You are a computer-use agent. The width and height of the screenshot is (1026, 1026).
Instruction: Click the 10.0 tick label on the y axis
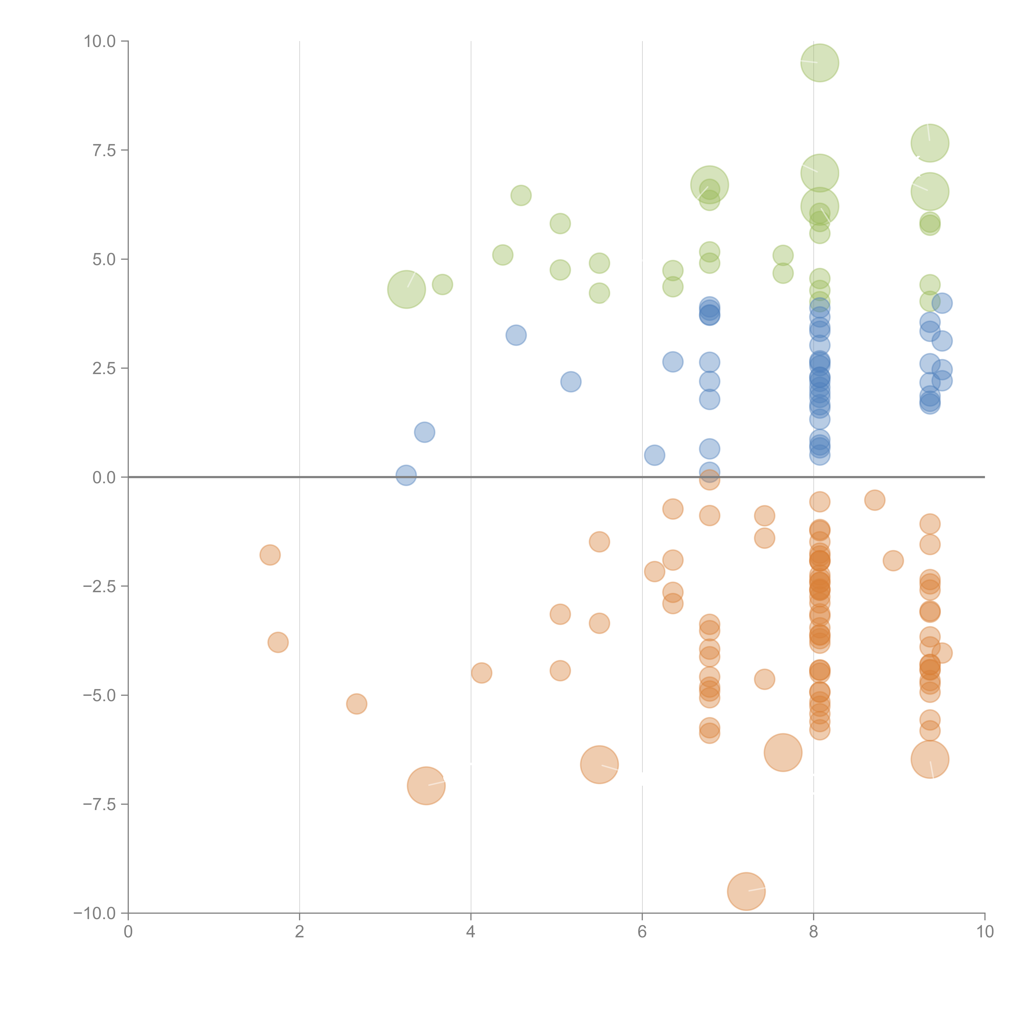(x=100, y=41)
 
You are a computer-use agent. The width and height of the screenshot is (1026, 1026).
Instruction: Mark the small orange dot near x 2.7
(x=356, y=704)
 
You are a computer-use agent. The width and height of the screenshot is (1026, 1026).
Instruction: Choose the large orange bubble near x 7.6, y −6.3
(x=783, y=752)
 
